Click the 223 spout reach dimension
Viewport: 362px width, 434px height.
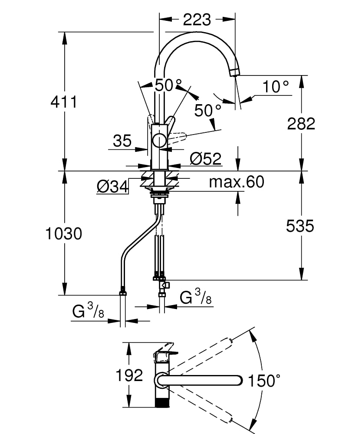pos(197,20)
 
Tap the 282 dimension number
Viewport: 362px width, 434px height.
pos(301,124)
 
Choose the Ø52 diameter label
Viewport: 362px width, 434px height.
pos(206,159)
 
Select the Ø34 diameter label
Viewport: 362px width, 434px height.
pos(112,187)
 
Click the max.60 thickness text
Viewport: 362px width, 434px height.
pos(236,182)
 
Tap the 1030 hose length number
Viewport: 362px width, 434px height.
pos(64,234)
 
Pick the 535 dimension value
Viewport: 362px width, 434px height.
pos(300,226)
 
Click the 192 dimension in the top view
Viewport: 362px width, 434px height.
pos(129,375)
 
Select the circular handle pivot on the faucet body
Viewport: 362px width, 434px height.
pos(159,140)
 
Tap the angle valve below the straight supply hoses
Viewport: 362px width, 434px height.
pos(164,285)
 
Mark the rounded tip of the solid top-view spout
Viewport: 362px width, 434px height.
pos(238,380)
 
